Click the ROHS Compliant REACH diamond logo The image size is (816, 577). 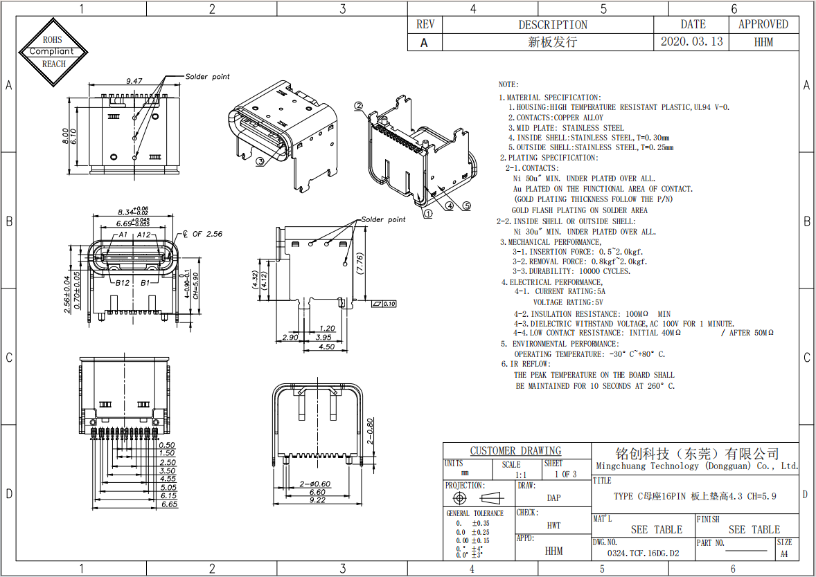54,52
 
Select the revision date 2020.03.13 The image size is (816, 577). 691,42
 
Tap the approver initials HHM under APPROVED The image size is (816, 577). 763,42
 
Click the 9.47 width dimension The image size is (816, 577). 134,81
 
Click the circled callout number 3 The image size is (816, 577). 260,162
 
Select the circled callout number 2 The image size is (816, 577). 358,106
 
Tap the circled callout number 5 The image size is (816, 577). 466,205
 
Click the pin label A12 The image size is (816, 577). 144,235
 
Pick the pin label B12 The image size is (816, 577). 123,282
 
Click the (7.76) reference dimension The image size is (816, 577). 360,264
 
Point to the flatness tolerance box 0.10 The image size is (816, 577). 384,304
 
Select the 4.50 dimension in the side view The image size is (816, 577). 327,347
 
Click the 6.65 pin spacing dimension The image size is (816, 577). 168,504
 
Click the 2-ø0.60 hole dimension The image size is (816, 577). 315,484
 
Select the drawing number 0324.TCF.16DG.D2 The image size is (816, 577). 643,553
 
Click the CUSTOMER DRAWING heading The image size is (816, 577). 515,451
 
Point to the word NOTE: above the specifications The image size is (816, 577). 508,84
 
